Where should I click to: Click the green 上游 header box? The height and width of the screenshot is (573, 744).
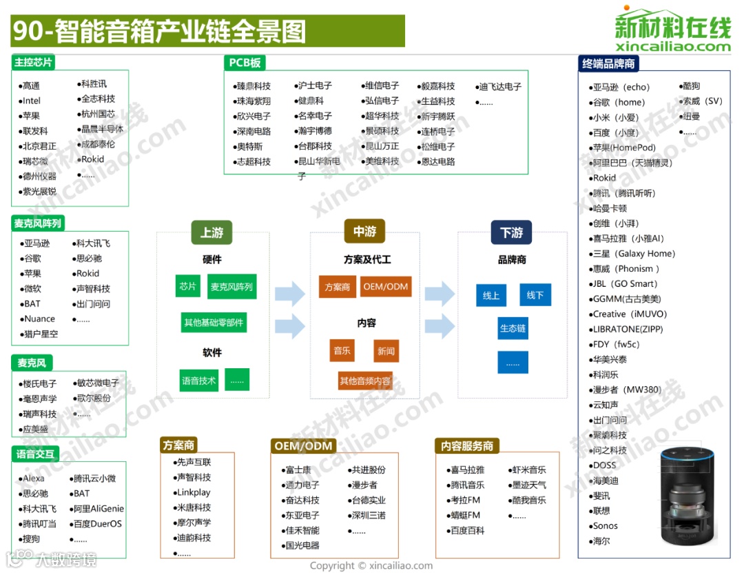(x=211, y=233)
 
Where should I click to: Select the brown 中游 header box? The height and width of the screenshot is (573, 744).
(x=364, y=232)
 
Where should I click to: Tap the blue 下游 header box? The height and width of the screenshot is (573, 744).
(x=511, y=233)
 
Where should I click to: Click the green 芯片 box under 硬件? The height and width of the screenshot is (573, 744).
(x=187, y=286)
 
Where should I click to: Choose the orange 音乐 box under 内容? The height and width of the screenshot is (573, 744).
(x=342, y=351)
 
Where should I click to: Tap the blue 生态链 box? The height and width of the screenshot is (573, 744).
(x=513, y=329)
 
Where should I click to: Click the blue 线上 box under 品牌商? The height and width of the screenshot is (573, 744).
(x=491, y=295)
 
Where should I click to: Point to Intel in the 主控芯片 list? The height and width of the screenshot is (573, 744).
(x=32, y=101)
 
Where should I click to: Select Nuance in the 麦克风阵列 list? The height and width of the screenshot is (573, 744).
(x=39, y=319)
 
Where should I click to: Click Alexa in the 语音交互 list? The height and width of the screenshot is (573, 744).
(x=34, y=478)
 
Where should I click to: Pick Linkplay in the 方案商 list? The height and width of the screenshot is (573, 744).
(x=194, y=492)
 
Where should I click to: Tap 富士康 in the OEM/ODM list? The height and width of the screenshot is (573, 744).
(x=298, y=470)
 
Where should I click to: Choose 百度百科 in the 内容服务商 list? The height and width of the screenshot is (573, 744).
(x=467, y=530)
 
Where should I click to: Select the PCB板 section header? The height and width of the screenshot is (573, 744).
(x=245, y=63)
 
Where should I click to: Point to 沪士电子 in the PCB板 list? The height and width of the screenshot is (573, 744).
(x=315, y=86)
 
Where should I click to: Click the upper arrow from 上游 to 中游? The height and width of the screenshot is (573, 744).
(x=289, y=294)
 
